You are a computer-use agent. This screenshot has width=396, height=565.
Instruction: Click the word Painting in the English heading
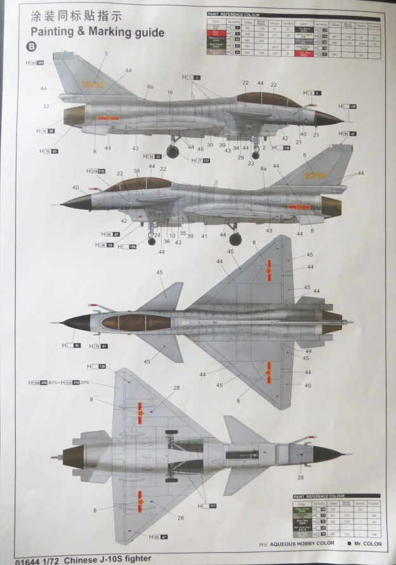point(52,32)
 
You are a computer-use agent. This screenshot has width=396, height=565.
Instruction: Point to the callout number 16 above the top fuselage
point(169,92)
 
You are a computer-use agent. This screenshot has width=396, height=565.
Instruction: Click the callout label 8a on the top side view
point(150,86)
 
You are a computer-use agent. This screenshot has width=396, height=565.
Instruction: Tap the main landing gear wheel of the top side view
point(176,149)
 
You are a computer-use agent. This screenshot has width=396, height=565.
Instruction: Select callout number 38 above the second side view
point(136,171)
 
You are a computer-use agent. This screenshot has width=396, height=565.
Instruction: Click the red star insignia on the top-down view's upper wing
point(268,270)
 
